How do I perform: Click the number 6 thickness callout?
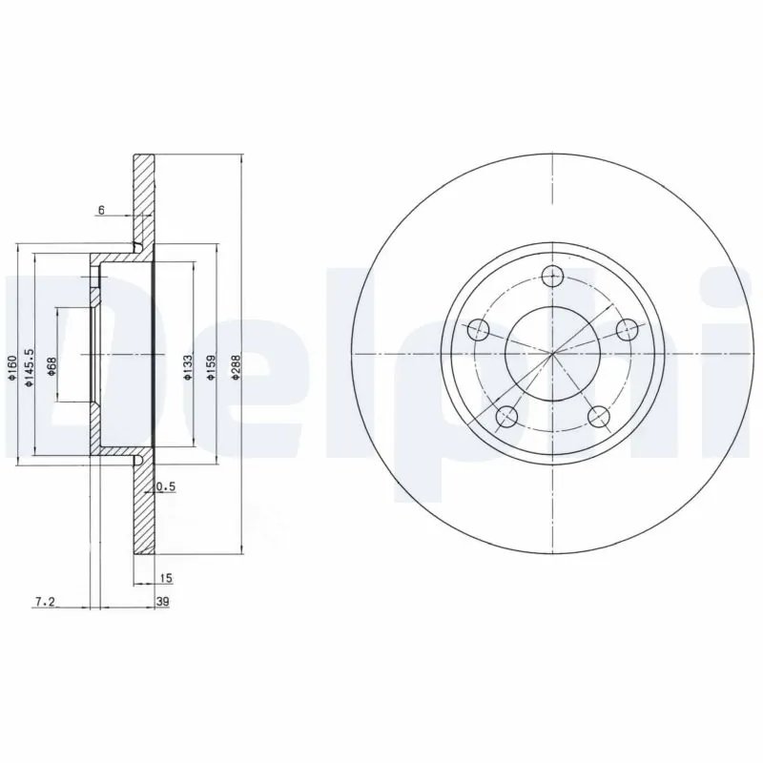pyautogui.click(x=101, y=209)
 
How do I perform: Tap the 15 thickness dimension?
pyautogui.click(x=165, y=579)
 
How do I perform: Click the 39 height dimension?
pyautogui.click(x=162, y=601)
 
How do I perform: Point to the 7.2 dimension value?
pyautogui.click(x=45, y=601)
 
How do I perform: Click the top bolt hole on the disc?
pyautogui.click(x=552, y=277)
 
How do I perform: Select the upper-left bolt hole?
pyautogui.click(x=480, y=330)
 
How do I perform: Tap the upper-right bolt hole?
pyautogui.click(x=627, y=330)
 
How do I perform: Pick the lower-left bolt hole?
pyautogui.click(x=507, y=415)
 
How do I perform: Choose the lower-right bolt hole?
pyautogui.click(x=599, y=415)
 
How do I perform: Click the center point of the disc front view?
pyautogui.click(x=553, y=354)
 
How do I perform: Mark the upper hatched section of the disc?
pyautogui.click(x=143, y=200)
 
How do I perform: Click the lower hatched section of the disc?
pyautogui.click(x=143, y=515)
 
